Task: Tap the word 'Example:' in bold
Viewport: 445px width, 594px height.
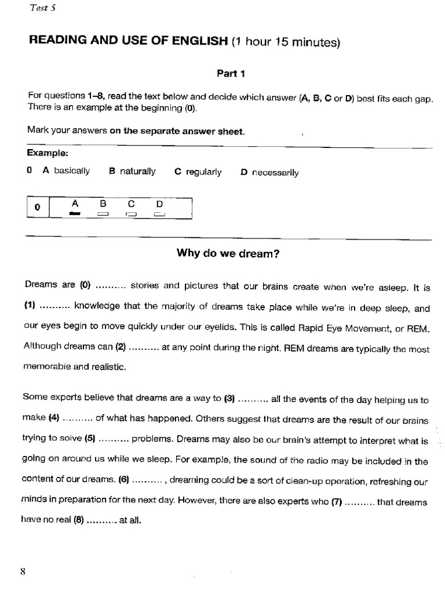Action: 48,153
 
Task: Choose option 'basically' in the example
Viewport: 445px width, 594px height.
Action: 72,171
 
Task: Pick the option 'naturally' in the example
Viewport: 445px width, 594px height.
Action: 138,171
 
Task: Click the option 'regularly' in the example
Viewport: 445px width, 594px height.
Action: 203,172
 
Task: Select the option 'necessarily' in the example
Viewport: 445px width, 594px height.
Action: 275,172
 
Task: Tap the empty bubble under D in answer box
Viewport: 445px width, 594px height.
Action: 159,215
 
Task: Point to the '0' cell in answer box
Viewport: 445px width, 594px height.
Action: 38,207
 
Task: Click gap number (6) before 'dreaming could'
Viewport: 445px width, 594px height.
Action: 124,480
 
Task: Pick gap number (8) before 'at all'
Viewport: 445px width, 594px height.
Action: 79,520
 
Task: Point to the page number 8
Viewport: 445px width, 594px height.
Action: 23,571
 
